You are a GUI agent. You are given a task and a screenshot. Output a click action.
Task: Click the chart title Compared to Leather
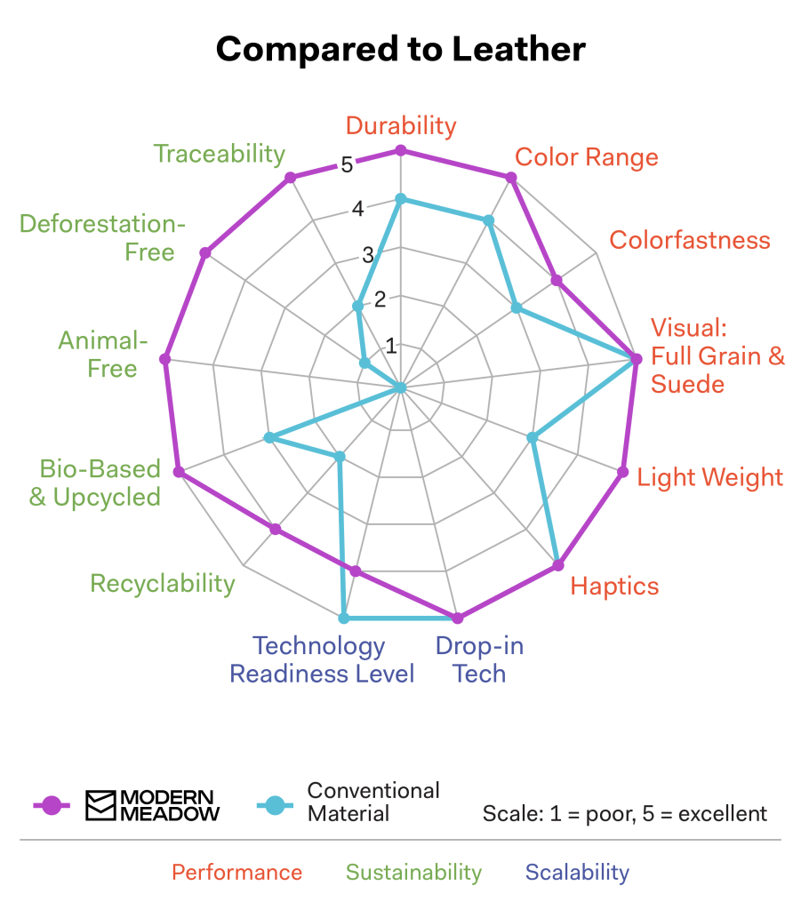pyautogui.click(x=400, y=49)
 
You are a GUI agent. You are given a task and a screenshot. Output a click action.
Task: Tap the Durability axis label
pyautogui.click(x=400, y=125)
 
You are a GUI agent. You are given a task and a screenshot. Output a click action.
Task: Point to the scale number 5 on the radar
pyautogui.click(x=347, y=164)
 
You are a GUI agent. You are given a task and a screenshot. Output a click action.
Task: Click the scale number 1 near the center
pyautogui.click(x=391, y=345)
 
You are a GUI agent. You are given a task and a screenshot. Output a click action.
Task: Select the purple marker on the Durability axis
pyautogui.click(x=401, y=151)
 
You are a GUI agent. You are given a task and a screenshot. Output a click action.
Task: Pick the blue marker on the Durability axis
pyautogui.click(x=401, y=199)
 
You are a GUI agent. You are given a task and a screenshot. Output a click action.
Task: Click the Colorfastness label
pyautogui.click(x=689, y=240)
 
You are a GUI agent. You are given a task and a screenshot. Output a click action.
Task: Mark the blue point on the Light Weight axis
pyautogui.click(x=533, y=437)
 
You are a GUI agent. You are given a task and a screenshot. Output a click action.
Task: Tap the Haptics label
pyautogui.click(x=614, y=587)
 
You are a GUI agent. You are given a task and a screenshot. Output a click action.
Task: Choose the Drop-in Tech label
pyautogui.click(x=479, y=659)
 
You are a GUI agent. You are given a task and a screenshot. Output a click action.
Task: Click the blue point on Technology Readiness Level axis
pyautogui.click(x=344, y=618)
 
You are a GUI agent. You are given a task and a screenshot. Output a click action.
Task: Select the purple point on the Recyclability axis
pyautogui.click(x=276, y=530)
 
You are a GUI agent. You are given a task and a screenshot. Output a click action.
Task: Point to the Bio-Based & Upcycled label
pyautogui.click(x=95, y=483)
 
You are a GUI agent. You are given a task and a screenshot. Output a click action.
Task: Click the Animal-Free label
pyautogui.click(x=100, y=354)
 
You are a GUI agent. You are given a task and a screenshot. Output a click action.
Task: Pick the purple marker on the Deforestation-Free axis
pyautogui.click(x=205, y=253)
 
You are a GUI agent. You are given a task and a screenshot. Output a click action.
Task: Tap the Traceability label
pyautogui.click(x=220, y=154)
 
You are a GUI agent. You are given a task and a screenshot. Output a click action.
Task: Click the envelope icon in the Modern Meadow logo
pyautogui.click(x=100, y=805)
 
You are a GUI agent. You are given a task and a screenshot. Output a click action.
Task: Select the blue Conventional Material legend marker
pyautogui.click(x=276, y=805)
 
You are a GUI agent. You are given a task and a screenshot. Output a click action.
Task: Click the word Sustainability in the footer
pyautogui.click(x=413, y=873)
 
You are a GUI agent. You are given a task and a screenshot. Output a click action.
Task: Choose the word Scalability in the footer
pyautogui.click(x=577, y=873)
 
